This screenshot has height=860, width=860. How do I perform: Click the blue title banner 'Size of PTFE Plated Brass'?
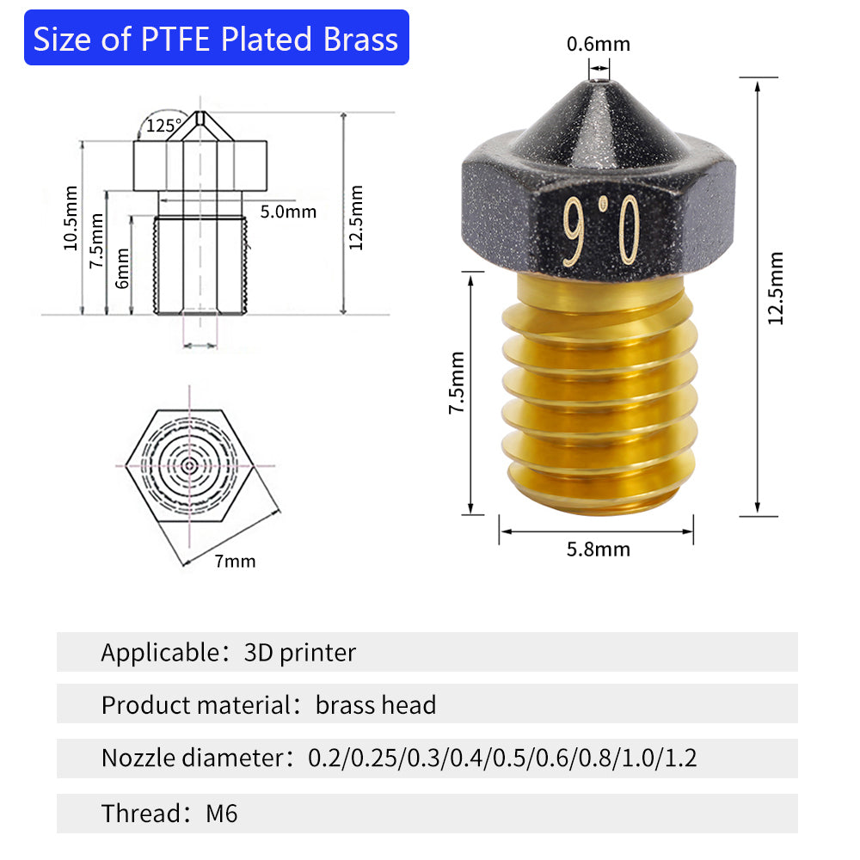tap(216, 39)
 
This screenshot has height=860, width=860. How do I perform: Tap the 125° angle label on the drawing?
tap(163, 126)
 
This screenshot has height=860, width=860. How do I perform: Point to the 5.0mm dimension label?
tap(288, 212)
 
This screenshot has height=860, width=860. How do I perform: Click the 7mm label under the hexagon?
tap(235, 562)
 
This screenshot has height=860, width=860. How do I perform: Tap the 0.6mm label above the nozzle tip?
tap(598, 44)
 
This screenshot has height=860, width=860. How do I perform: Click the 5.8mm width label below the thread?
tap(598, 550)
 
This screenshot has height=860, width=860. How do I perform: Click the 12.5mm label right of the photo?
tap(776, 288)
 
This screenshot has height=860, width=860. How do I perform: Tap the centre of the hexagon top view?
tap(189, 465)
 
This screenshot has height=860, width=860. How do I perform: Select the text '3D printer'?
tap(299, 653)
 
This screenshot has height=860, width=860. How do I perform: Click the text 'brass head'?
tap(376, 705)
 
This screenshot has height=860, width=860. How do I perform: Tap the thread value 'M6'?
tap(221, 813)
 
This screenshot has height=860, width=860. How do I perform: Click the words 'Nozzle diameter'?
tap(192, 759)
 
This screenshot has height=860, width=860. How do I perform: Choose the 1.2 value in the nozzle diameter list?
tap(680, 759)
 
